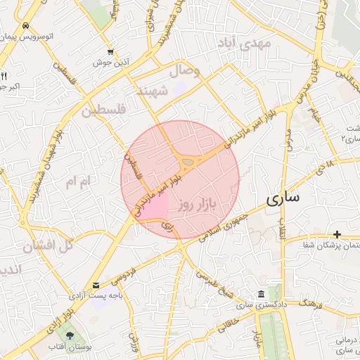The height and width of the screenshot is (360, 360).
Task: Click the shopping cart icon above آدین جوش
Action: [110, 52]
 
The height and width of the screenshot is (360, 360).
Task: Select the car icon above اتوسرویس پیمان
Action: [25, 26]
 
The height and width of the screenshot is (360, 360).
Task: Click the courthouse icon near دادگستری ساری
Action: [261, 293]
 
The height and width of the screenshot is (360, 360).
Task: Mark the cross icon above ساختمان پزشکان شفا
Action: [337, 234]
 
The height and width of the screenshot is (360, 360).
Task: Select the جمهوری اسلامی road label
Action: [223, 231]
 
